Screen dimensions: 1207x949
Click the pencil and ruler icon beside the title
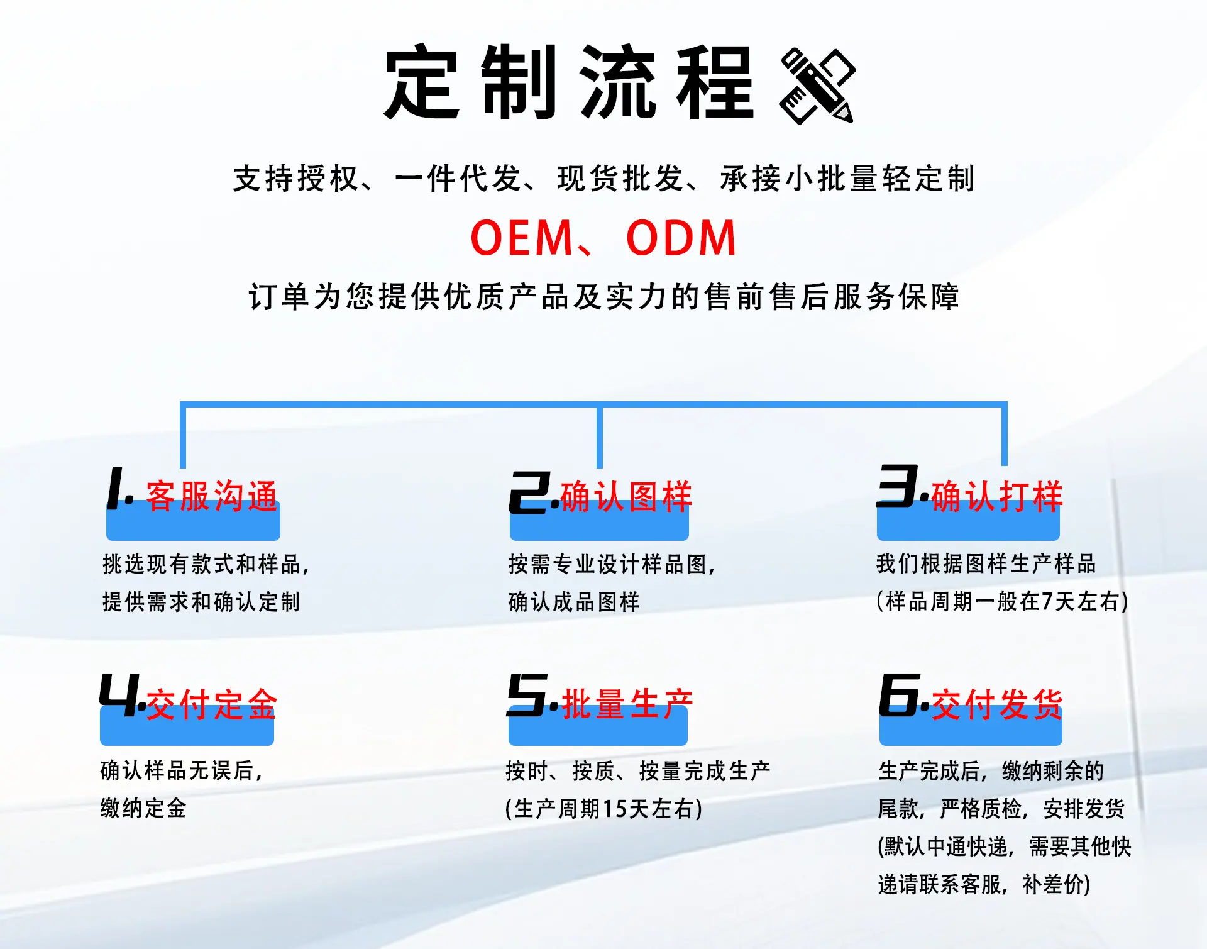(x=817, y=86)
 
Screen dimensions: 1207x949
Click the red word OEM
(x=522, y=238)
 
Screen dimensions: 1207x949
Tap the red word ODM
(x=681, y=238)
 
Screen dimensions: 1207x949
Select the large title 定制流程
(x=569, y=82)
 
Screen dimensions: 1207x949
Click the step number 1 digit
(x=117, y=488)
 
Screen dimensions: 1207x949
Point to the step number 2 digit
(x=530, y=492)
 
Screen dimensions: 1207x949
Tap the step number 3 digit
(x=898, y=486)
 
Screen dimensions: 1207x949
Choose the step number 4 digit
(x=119, y=695)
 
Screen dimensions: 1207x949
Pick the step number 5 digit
(x=527, y=695)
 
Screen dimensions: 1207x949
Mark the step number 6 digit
(x=900, y=695)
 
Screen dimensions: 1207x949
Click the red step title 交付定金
(x=212, y=704)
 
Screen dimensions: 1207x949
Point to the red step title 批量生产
(x=627, y=704)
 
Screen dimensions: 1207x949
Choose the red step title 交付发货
(x=997, y=704)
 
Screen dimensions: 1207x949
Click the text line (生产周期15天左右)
(x=604, y=809)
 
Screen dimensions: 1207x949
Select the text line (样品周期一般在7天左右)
(x=1003, y=601)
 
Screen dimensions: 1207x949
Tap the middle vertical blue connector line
(x=600, y=436)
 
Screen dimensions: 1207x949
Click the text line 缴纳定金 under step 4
(x=143, y=808)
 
